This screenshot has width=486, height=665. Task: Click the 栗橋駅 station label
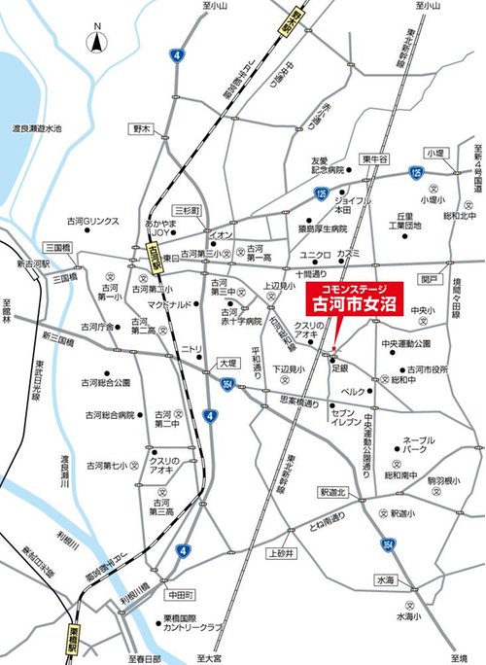74,643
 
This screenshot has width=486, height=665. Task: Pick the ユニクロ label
315,255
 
